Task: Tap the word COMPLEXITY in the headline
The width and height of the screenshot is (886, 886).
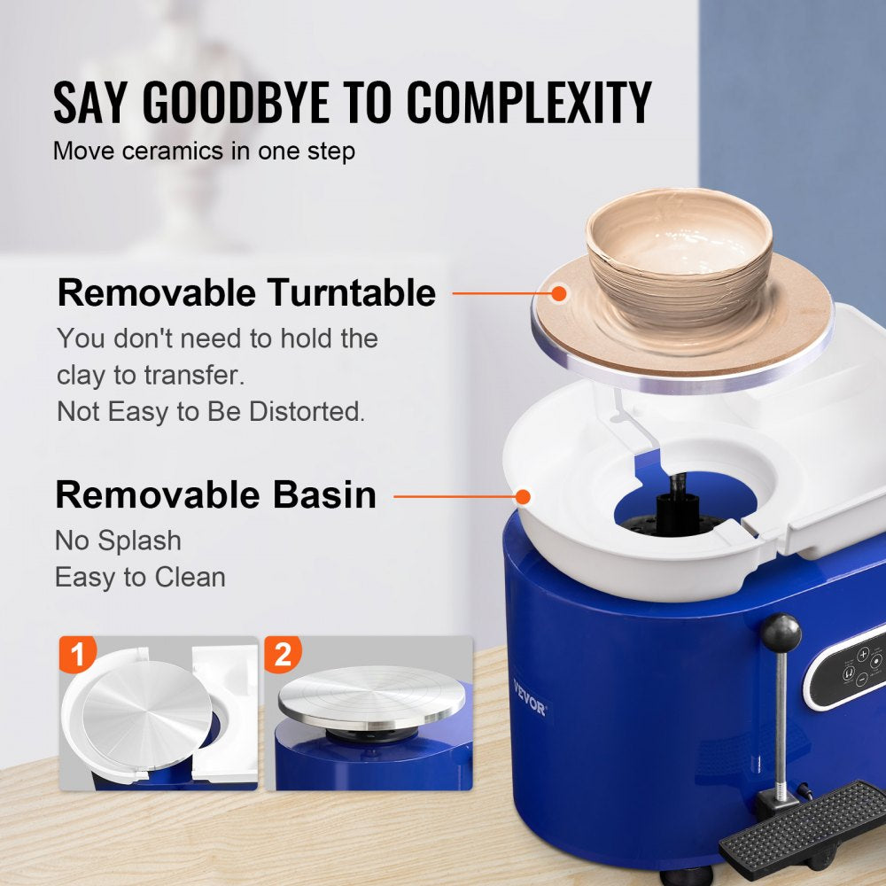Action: click(x=529, y=103)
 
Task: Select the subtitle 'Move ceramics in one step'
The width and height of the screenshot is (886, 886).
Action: click(x=204, y=151)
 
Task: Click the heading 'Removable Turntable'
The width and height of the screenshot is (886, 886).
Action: click(x=246, y=292)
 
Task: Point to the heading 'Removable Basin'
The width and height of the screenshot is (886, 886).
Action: click(x=215, y=495)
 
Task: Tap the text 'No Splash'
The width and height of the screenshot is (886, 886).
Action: click(x=118, y=540)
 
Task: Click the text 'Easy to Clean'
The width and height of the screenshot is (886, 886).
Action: click(x=140, y=578)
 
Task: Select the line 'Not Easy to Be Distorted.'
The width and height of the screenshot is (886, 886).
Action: click(x=211, y=412)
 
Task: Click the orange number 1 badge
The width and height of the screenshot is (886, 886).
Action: click(x=78, y=656)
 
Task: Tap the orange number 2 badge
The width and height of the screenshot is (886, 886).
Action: click(x=283, y=656)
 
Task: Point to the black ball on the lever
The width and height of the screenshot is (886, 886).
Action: click(x=781, y=633)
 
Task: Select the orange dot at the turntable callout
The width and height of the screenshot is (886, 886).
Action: click(x=558, y=292)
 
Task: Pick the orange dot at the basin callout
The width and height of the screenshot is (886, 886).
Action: click(x=523, y=496)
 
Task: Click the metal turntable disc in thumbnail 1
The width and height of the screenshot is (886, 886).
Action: click(x=146, y=709)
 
